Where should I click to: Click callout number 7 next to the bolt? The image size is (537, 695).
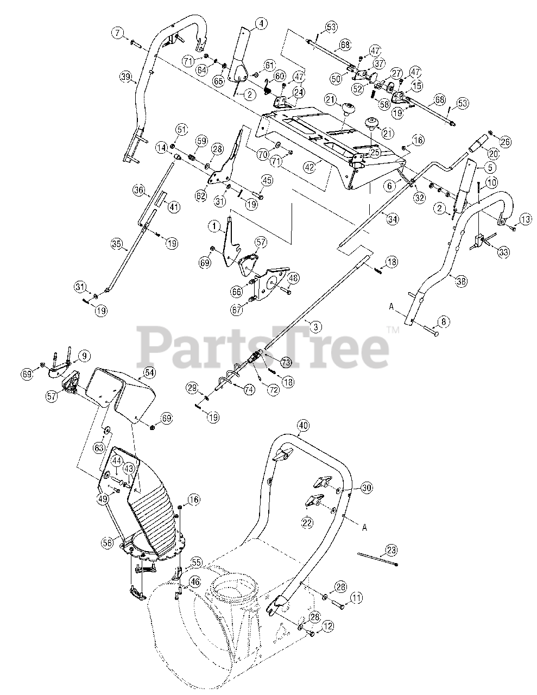click(x=117, y=33)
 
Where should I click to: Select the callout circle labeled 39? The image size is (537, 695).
click(x=126, y=77)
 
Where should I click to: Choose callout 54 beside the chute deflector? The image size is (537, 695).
click(x=148, y=372)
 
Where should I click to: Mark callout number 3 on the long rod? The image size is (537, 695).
click(x=314, y=326)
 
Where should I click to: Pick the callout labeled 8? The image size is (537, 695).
click(x=443, y=321)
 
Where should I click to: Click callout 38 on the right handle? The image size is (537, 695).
click(x=461, y=281)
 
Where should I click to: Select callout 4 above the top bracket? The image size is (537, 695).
click(x=262, y=23)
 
